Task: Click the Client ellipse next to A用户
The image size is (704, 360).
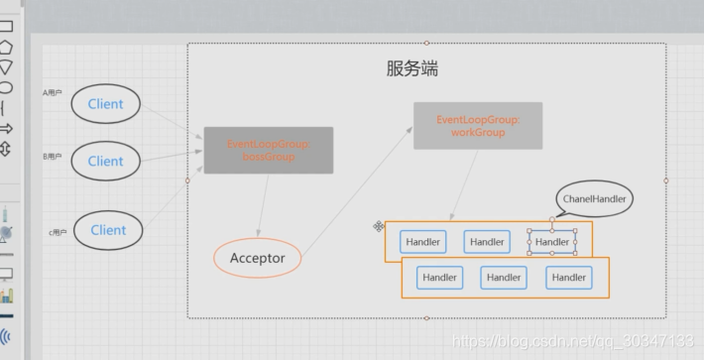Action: tap(105, 104)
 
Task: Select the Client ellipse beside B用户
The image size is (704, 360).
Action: tap(105, 161)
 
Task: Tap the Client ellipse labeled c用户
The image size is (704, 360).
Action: tap(108, 230)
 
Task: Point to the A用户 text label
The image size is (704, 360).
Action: tap(51, 93)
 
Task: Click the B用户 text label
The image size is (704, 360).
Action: tap(51, 156)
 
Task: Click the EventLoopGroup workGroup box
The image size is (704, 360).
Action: tap(477, 126)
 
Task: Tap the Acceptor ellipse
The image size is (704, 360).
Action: tap(257, 259)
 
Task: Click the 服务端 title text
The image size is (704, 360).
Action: tap(411, 69)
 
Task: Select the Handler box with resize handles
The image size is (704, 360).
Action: tap(552, 242)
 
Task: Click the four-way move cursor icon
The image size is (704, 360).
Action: tap(379, 227)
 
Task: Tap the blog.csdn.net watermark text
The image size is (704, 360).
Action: tap(575, 341)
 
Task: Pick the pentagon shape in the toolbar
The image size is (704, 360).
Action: tap(6, 47)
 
